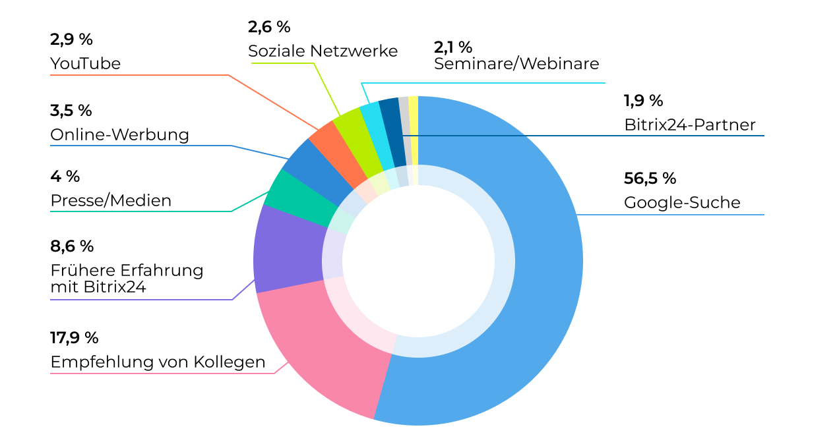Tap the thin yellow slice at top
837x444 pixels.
414,125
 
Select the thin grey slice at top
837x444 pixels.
404,125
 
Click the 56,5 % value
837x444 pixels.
650,179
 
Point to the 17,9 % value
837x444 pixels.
75,338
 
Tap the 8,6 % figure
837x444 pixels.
72,246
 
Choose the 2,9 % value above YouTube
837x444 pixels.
71,39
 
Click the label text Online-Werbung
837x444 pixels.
119,135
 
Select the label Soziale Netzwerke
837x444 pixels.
323,51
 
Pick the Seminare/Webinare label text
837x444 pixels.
516,64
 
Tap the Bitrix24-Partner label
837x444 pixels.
689,125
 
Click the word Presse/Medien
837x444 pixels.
111,200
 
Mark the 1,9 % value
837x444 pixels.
643,101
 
